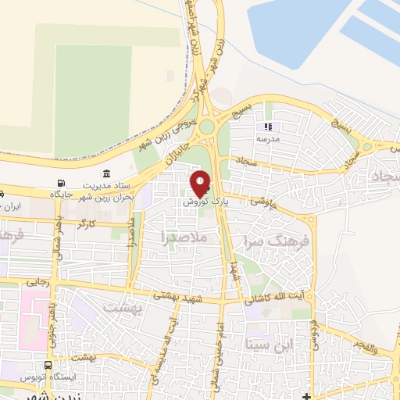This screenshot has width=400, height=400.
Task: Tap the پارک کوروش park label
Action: point(205,202)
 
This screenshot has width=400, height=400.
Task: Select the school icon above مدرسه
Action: point(268,127)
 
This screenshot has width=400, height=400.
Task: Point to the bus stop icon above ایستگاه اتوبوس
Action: point(49,364)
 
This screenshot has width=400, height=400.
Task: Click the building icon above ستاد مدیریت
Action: point(106,173)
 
